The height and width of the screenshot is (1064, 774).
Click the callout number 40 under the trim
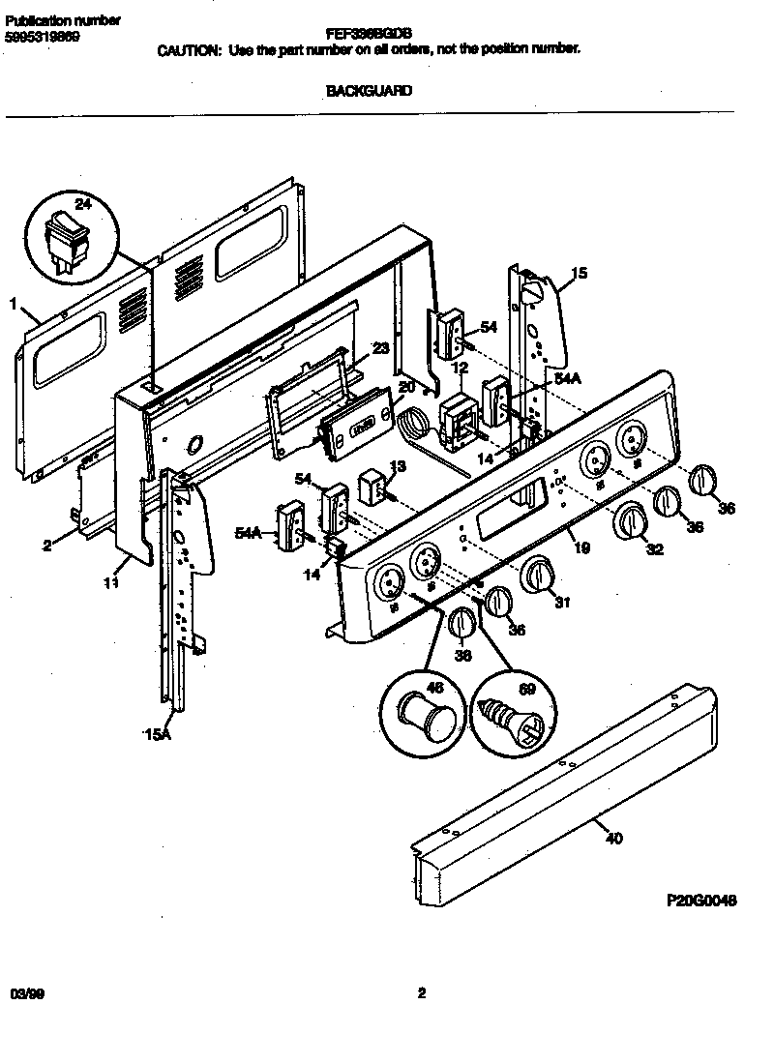click(x=612, y=839)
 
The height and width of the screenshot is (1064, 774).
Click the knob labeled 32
click(x=630, y=522)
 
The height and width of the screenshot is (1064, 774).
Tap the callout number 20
click(x=405, y=385)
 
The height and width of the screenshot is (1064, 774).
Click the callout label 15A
click(x=156, y=736)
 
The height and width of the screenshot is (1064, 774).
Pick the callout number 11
click(x=111, y=583)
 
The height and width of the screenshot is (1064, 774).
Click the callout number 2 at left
click(x=45, y=546)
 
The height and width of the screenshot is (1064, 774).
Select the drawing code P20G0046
click(x=701, y=900)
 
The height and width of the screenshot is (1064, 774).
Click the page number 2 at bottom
click(x=421, y=991)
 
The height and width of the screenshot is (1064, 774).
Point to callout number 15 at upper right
click(x=578, y=274)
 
